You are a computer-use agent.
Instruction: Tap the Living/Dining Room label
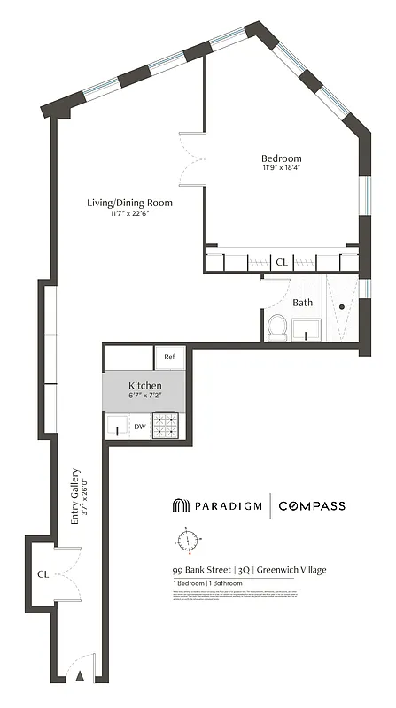129,203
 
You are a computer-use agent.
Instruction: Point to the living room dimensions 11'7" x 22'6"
129,213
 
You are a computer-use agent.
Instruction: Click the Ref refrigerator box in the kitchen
170,357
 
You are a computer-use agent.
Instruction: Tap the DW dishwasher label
139,427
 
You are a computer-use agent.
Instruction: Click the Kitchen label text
144,386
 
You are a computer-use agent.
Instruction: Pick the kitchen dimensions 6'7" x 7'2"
144,396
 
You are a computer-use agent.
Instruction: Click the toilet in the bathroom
276,327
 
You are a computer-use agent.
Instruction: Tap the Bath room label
303,303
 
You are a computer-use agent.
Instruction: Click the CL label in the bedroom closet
282,262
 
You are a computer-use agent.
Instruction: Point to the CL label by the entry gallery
42,573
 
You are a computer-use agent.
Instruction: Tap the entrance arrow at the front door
80,676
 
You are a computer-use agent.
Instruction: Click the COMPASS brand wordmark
312,506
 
